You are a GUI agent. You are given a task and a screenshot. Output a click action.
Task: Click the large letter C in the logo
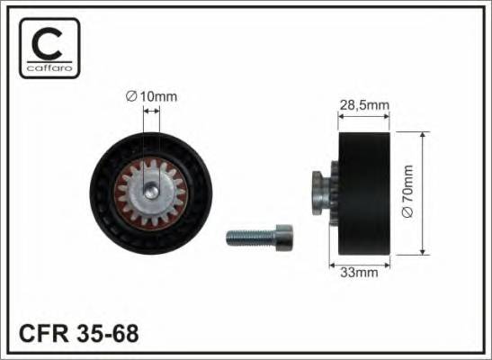(x=48, y=43)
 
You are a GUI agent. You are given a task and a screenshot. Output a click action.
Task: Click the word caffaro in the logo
(x=49, y=67)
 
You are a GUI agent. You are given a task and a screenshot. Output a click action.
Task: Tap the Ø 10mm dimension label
(x=151, y=97)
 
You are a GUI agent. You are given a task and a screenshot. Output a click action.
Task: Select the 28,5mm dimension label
(x=364, y=105)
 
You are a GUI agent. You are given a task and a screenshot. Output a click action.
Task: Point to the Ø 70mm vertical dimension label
(x=407, y=191)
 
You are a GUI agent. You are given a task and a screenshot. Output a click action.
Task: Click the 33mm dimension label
(x=359, y=272)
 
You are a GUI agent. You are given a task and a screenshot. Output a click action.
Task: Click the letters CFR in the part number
(x=43, y=334)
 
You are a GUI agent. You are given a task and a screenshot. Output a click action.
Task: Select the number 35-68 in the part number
(x=107, y=334)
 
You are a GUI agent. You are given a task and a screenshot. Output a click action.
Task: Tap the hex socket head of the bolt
(x=284, y=238)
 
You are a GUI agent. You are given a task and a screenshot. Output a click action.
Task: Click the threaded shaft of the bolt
(x=251, y=238)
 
